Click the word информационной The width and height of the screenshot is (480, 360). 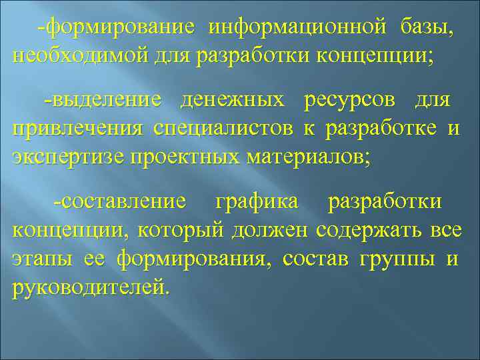pyautogui.click(x=297, y=29)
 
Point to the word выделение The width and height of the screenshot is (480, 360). pyautogui.click(x=105, y=101)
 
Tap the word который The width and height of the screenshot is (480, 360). pyautogui.click(x=183, y=231)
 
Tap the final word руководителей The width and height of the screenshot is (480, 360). pyautogui.click(x=89, y=287)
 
